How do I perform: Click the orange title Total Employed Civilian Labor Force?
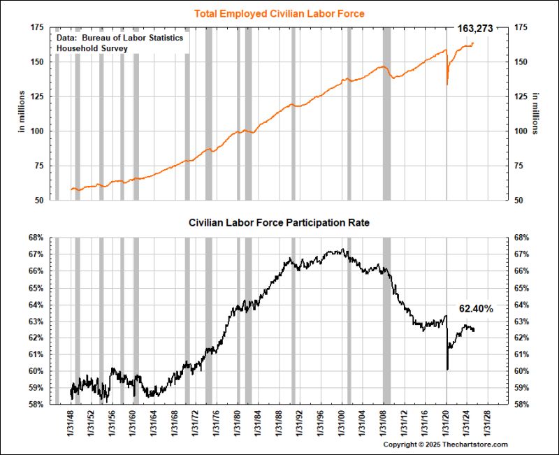tap(279, 13)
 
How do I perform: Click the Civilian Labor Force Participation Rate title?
tap(279, 223)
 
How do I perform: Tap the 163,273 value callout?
tap(475, 29)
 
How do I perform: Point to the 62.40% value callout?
tap(476, 308)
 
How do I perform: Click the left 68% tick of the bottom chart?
tap(36, 238)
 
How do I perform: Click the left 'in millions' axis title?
tap(21, 113)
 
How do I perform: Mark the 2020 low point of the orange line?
tap(447, 85)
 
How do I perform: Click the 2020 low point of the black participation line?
tap(447, 370)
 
